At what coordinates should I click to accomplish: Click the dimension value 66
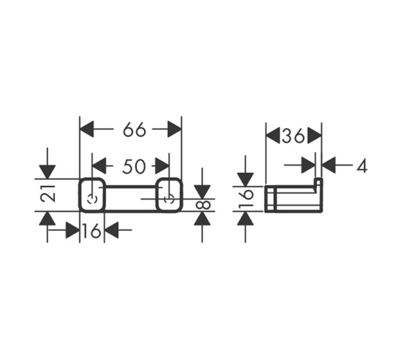pos(134,130)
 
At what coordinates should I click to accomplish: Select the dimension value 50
pos(134,166)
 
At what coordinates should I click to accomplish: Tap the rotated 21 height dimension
pos(48,194)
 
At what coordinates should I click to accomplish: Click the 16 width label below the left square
pos(91,230)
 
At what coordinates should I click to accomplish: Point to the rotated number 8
pos(203,205)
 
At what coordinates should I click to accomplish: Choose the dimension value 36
pos(294,136)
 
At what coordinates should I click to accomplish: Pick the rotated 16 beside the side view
pos(246,198)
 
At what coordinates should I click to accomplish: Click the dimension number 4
pos(361,166)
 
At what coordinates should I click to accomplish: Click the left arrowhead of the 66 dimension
pos(86,129)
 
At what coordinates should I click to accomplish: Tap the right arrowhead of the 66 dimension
pos(175,129)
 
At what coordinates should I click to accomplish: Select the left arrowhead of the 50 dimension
pos(99,166)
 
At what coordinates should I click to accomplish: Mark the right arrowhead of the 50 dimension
pos(163,166)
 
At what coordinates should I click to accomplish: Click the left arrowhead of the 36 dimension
pos(273,135)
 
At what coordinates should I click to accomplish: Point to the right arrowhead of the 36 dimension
pos(314,135)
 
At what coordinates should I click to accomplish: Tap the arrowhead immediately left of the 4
pos(329,165)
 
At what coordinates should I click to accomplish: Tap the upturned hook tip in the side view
pos(319,181)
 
